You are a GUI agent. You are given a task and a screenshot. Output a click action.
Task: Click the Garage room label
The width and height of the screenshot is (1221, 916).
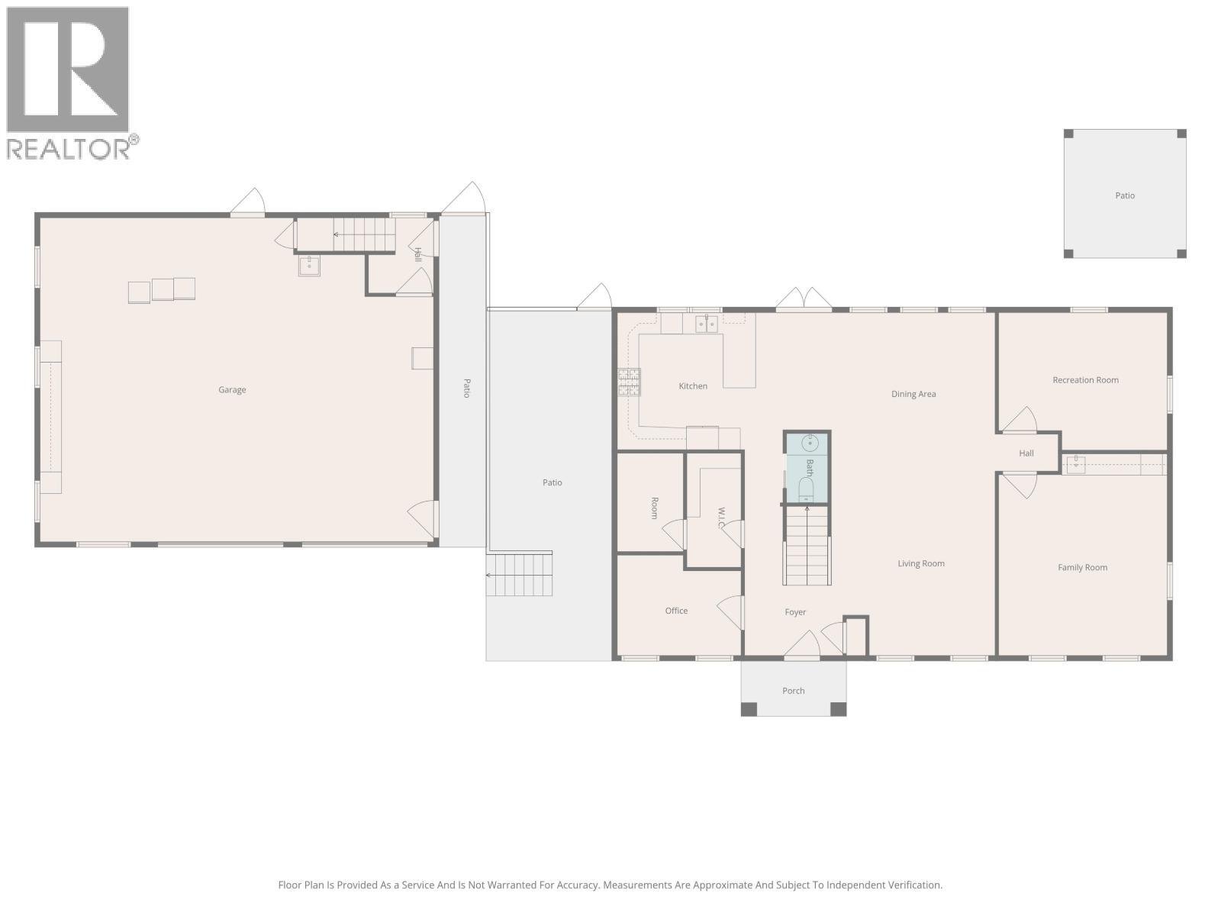pyautogui.click(x=232, y=390)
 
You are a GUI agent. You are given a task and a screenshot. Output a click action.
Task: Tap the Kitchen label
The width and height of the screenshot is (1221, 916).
pyautogui.click(x=693, y=386)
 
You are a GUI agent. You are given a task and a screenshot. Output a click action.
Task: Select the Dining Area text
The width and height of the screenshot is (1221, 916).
pyautogui.click(x=913, y=395)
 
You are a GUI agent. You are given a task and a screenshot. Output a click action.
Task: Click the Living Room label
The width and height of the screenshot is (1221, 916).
pyautogui.click(x=921, y=564)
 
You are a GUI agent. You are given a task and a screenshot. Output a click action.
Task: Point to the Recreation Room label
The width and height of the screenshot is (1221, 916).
pyautogui.click(x=1085, y=380)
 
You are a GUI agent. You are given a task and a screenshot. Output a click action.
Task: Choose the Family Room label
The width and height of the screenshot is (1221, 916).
pyautogui.click(x=1082, y=568)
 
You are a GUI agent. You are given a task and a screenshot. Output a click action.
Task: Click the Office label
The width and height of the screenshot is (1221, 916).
pyautogui.click(x=676, y=611)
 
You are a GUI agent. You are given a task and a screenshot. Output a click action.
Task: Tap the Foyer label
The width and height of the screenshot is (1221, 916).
pyautogui.click(x=795, y=612)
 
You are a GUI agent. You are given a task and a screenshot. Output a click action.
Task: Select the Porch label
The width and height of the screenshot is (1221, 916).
pyautogui.click(x=793, y=691)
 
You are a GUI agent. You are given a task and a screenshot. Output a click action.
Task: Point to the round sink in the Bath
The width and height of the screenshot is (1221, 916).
pyautogui.click(x=810, y=443)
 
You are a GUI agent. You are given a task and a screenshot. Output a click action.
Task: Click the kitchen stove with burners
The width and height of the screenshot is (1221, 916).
pyautogui.click(x=630, y=382)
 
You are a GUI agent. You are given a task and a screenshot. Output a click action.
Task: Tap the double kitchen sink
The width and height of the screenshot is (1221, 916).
pyautogui.click(x=706, y=324)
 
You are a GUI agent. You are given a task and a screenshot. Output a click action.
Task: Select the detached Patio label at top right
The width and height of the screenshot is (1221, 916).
pyautogui.click(x=1125, y=196)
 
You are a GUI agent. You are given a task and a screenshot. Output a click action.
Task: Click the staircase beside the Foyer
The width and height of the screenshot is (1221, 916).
pyautogui.click(x=807, y=545)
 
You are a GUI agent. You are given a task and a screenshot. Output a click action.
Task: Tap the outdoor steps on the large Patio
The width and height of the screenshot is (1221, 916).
pyautogui.click(x=520, y=575)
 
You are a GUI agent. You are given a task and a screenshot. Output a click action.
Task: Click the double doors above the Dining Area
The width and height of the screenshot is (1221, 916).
pyautogui.click(x=804, y=299)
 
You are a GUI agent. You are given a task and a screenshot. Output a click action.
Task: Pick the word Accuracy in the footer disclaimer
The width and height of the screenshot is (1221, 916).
pyautogui.click(x=577, y=885)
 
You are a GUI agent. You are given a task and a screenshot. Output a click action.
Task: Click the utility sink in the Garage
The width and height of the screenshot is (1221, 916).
pyautogui.click(x=309, y=266)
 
